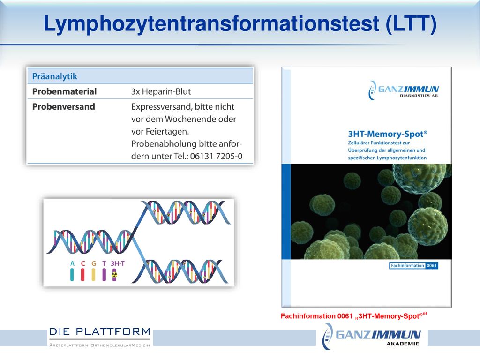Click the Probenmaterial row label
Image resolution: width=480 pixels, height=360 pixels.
coord(64,91)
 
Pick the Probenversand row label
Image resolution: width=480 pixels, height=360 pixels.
coord(64,106)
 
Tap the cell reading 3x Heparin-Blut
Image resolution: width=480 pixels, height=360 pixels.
coord(161,91)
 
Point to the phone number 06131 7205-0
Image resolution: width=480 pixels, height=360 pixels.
coord(216,156)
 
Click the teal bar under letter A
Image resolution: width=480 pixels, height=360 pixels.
coord(72,275)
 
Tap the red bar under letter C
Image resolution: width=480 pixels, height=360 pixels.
coord(82,275)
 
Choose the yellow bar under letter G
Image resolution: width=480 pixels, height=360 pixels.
coord(93,275)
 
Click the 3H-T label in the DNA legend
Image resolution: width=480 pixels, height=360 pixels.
coord(118,263)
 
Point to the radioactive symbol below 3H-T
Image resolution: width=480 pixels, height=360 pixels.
coord(114,275)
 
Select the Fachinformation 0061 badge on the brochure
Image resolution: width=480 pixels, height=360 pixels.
coord(413,265)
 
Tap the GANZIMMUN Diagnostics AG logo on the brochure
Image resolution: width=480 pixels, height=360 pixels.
coord(403,90)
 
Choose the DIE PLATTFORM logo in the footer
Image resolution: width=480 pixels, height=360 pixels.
coord(100,337)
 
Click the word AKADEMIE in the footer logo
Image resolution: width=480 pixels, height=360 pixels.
coord(403,344)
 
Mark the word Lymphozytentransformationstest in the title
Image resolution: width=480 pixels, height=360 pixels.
coord(211,24)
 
